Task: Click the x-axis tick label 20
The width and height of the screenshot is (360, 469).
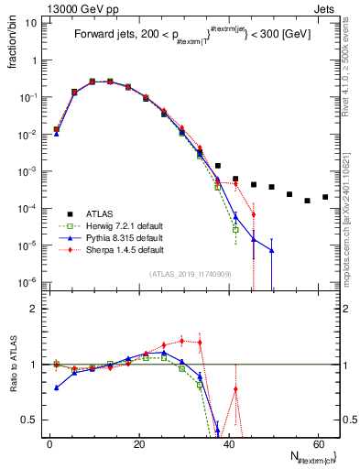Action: pos(138,443)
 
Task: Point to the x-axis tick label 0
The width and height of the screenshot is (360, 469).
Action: pos(49,443)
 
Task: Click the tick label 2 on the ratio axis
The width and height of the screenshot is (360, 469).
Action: pos(33,309)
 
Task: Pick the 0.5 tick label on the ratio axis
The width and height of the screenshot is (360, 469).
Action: pos(29,420)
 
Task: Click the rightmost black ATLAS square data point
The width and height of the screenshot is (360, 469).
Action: pos(325,197)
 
